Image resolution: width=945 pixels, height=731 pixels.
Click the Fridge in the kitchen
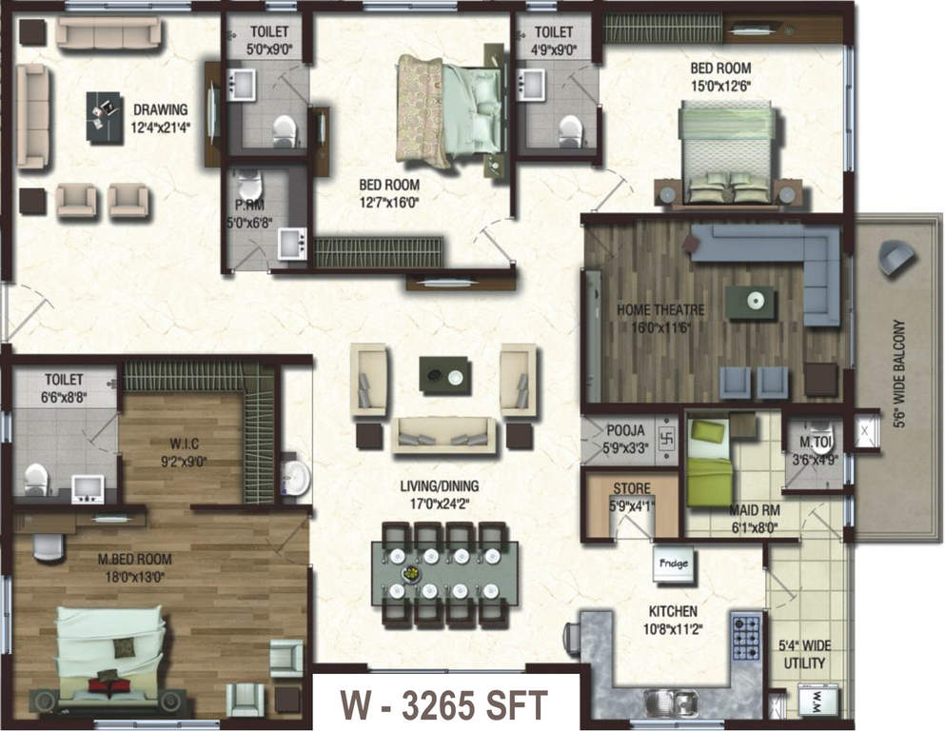click(673, 564)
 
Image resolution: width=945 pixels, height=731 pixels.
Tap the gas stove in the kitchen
click(745, 637)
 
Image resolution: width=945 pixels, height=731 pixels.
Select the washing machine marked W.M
click(817, 701)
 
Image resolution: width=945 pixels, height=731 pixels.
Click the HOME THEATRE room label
click(660, 310)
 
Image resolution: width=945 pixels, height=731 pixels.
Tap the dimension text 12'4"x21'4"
click(161, 128)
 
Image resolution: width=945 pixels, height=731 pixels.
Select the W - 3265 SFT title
click(444, 704)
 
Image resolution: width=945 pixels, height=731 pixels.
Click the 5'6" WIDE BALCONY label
click(900, 374)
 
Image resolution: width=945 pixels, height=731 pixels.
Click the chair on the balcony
click(897, 256)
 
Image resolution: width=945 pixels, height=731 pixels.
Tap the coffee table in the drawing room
click(105, 118)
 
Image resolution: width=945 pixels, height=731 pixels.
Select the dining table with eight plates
click(444, 573)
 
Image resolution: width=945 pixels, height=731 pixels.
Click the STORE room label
click(632, 488)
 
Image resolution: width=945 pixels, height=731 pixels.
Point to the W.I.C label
click(184, 445)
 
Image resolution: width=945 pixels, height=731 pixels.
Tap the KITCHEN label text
click(673, 611)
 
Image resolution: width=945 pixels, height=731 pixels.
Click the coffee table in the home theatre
click(750, 301)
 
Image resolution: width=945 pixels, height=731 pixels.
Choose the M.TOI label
click(815, 442)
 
